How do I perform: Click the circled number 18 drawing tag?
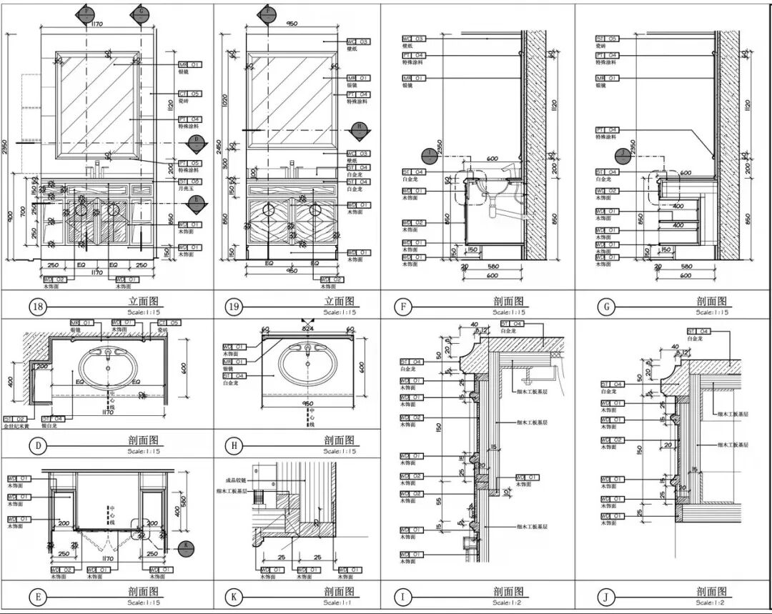pos(37,307)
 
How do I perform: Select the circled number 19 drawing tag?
pos(232,307)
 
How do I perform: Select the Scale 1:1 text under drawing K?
pos(339,602)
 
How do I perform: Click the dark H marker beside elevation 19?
pos(361,129)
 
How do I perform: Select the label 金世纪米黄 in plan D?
pos(16,426)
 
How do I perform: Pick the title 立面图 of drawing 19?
pos(339,301)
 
